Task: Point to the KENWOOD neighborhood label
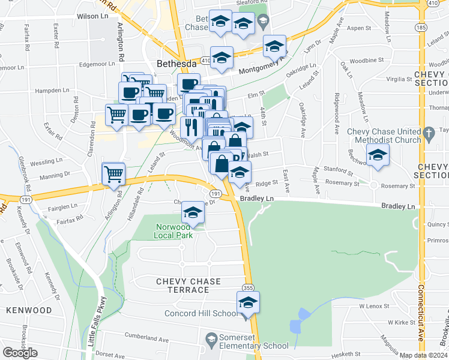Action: coord(29,310)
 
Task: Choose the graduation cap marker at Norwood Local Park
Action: coord(193,212)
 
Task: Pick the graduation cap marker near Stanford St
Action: coord(378,155)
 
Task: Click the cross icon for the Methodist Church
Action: coord(428,132)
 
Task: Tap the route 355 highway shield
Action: coord(247,288)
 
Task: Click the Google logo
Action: coord(20,353)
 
